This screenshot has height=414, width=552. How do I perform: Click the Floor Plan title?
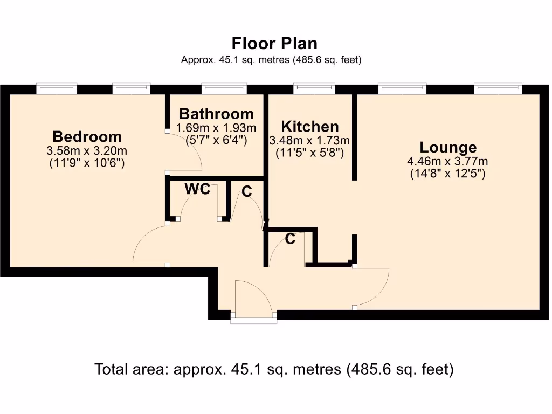coord(274,43)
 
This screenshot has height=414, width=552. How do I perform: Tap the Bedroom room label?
coord(87,136)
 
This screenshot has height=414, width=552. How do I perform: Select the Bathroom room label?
coord(216,114)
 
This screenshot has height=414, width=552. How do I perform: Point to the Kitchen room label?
coord(310,127)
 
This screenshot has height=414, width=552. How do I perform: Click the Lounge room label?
coord(448,147)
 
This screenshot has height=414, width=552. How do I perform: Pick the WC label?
coord(197,189)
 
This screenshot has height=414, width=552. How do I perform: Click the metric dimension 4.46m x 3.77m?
coord(447,161)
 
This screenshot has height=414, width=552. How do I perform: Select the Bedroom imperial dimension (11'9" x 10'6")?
coord(87,163)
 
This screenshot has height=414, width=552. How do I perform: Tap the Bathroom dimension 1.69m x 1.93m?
coord(216,128)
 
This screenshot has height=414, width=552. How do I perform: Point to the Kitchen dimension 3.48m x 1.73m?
coord(310,141)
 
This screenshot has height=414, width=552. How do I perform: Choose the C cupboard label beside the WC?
coord(246,191)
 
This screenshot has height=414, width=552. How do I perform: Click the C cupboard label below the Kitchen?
coord(290,239)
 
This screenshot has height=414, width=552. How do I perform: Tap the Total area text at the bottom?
coord(274,369)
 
